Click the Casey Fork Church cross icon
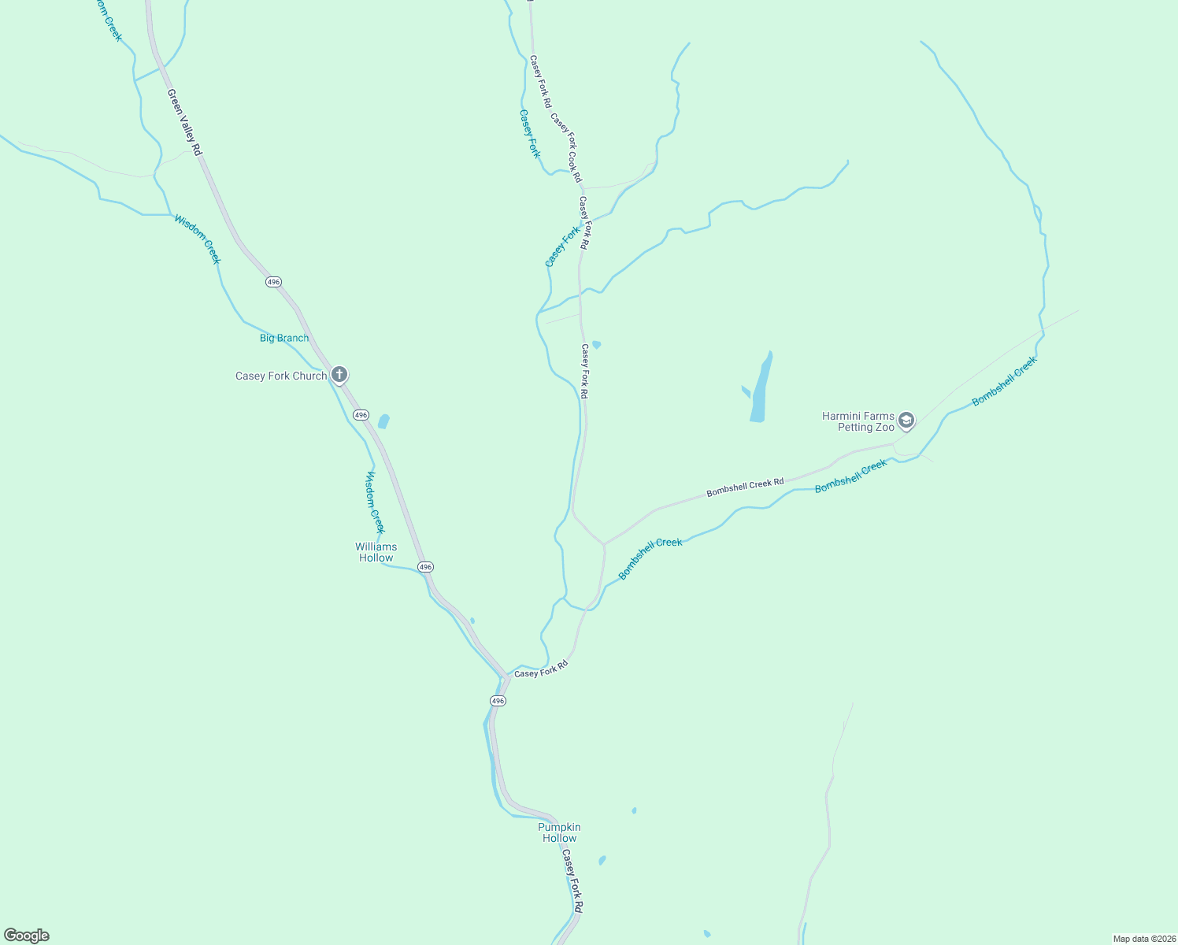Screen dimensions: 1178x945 pos(339,374)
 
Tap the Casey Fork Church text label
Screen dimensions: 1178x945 pos(281,376)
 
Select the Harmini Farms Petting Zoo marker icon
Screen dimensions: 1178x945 pos(906,421)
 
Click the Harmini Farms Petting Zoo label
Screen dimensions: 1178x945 pos(858,421)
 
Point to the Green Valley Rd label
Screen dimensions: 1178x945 pos(185,121)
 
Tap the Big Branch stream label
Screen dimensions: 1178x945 pos(284,338)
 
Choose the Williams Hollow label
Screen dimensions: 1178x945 pos(376,552)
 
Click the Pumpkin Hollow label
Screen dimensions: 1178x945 pos(559,832)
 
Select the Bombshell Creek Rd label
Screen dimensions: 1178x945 pos(745,487)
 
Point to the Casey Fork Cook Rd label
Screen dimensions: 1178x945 pos(566,147)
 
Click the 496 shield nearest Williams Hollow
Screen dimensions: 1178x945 pos(425,567)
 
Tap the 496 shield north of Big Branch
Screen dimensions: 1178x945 pos(273,282)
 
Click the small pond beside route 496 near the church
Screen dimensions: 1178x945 pos(383,421)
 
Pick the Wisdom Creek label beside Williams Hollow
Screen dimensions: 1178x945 pos(376,502)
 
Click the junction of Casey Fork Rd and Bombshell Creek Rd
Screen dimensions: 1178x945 pos(604,543)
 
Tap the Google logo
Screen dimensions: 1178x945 pos(27,936)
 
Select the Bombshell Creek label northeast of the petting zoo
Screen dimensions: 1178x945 pos(1004,381)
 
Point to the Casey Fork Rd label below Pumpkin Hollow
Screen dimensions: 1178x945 pos(573,886)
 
